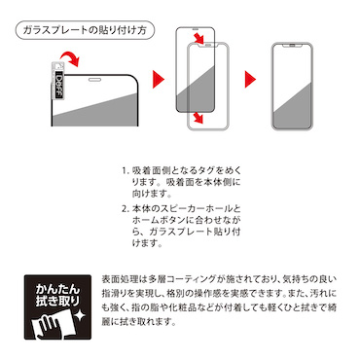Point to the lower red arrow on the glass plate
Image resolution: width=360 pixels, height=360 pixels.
(198, 118)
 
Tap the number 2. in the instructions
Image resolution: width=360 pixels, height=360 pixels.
(126, 210)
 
